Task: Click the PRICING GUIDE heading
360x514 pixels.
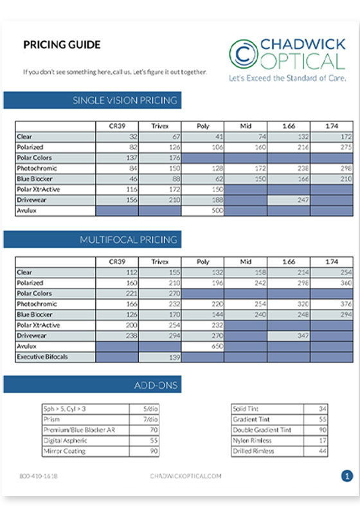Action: click(x=62, y=45)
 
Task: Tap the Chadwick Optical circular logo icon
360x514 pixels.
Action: click(x=244, y=53)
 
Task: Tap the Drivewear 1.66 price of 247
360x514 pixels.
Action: click(x=287, y=199)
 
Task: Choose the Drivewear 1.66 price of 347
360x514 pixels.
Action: click(x=287, y=335)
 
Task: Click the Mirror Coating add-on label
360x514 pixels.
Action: click(x=64, y=451)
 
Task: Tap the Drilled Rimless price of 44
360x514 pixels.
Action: click(x=314, y=451)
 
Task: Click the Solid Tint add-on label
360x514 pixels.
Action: click(x=248, y=409)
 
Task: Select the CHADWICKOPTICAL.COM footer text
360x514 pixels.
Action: click(x=186, y=476)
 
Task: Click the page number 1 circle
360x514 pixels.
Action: click(x=347, y=476)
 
